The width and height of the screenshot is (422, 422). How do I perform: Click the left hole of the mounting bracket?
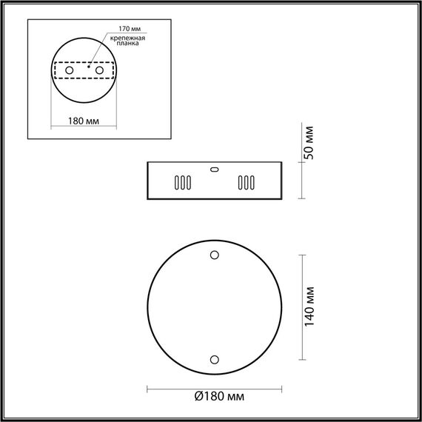(70, 69)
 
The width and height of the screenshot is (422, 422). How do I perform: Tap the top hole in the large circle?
(215, 255)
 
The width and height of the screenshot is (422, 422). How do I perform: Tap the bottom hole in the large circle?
(215, 360)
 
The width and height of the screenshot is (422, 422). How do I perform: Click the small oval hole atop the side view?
(215, 168)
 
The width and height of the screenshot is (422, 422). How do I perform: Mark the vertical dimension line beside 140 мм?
(303, 308)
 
